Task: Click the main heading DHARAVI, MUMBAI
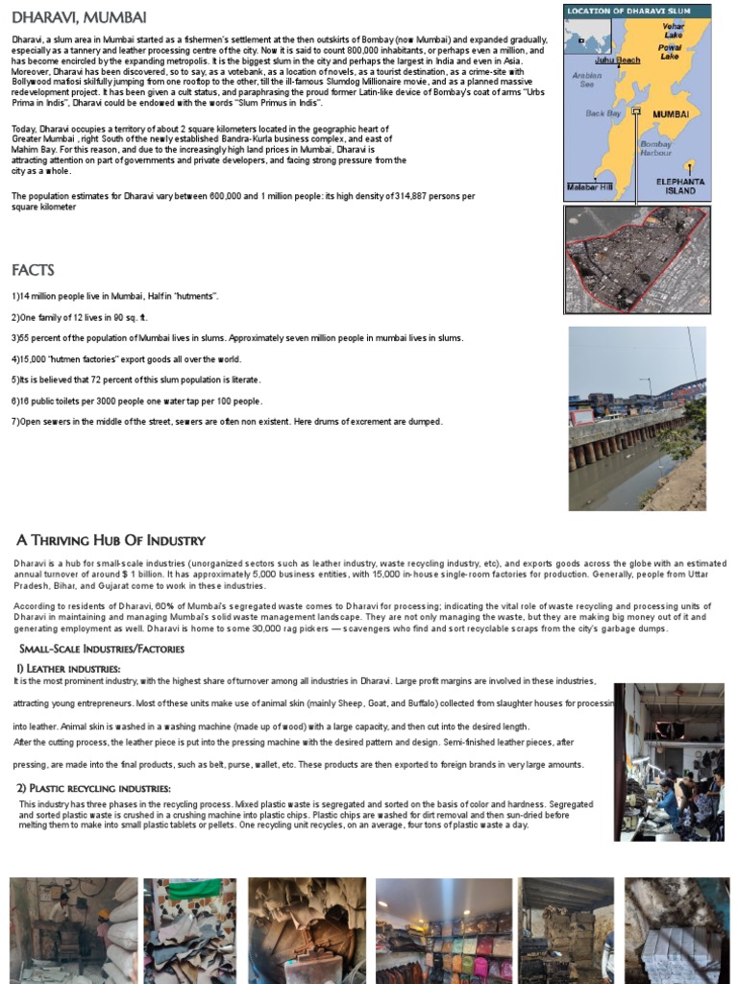pyautogui.click(x=79, y=17)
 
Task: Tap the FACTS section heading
pyautogui.click(x=33, y=270)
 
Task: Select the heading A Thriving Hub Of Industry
pyautogui.click(x=111, y=540)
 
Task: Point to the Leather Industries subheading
pyautogui.click(x=68, y=668)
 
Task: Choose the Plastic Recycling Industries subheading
pyautogui.click(x=94, y=788)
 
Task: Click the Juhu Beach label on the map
pyautogui.click(x=617, y=61)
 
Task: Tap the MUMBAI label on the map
pyautogui.click(x=672, y=113)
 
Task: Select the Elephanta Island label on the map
pyautogui.click(x=680, y=185)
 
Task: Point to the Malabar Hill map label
pyautogui.click(x=589, y=186)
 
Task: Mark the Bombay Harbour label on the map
pyautogui.click(x=655, y=148)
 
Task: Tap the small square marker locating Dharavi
pyautogui.click(x=635, y=111)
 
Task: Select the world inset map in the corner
pyautogui.click(x=580, y=39)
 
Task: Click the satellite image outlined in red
pyautogui.click(x=637, y=259)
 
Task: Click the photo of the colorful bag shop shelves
pyautogui.click(x=443, y=930)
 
